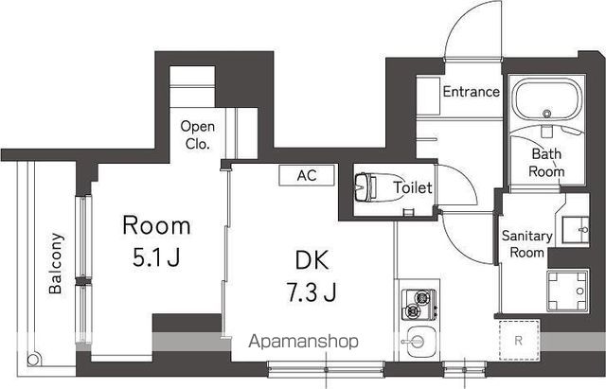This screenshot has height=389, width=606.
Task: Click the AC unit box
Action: (307, 175)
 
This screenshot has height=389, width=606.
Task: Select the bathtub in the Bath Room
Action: (547, 100)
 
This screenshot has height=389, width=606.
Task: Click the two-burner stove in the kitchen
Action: (419, 304)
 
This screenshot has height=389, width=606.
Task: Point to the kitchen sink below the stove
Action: (419, 342)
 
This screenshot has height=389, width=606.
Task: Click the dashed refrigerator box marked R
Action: (519, 340)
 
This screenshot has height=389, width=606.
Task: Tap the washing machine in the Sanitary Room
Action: (567, 291)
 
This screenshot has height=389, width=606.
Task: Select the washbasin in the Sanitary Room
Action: (575, 230)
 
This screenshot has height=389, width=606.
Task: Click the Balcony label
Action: (56, 263)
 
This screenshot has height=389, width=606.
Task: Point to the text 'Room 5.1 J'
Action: (156, 241)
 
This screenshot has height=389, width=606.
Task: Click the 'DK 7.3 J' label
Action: (312, 275)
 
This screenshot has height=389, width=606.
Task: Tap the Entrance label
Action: (472, 92)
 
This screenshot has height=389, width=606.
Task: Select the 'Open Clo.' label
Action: (198, 134)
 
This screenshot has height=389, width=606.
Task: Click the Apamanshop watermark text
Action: (303, 342)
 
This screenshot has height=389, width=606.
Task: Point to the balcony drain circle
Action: (33, 360)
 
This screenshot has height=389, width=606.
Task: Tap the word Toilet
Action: (413, 187)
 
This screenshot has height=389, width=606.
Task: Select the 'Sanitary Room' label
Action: (527, 244)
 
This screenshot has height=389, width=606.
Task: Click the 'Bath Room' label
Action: (546, 163)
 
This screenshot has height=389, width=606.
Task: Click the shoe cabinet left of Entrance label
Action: (428, 97)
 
